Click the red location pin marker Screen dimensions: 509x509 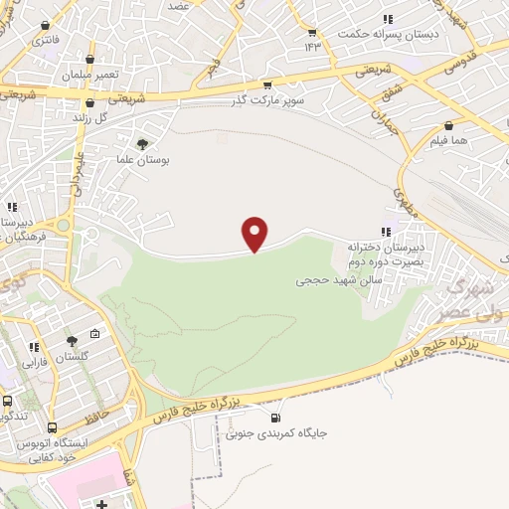click(x=255, y=235)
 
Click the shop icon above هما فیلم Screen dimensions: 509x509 click(x=449, y=126)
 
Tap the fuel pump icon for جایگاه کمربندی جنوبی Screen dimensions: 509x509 click(x=275, y=418)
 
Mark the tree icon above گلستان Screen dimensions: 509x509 click(x=71, y=340)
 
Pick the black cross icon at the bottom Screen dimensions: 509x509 click(x=103, y=505)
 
